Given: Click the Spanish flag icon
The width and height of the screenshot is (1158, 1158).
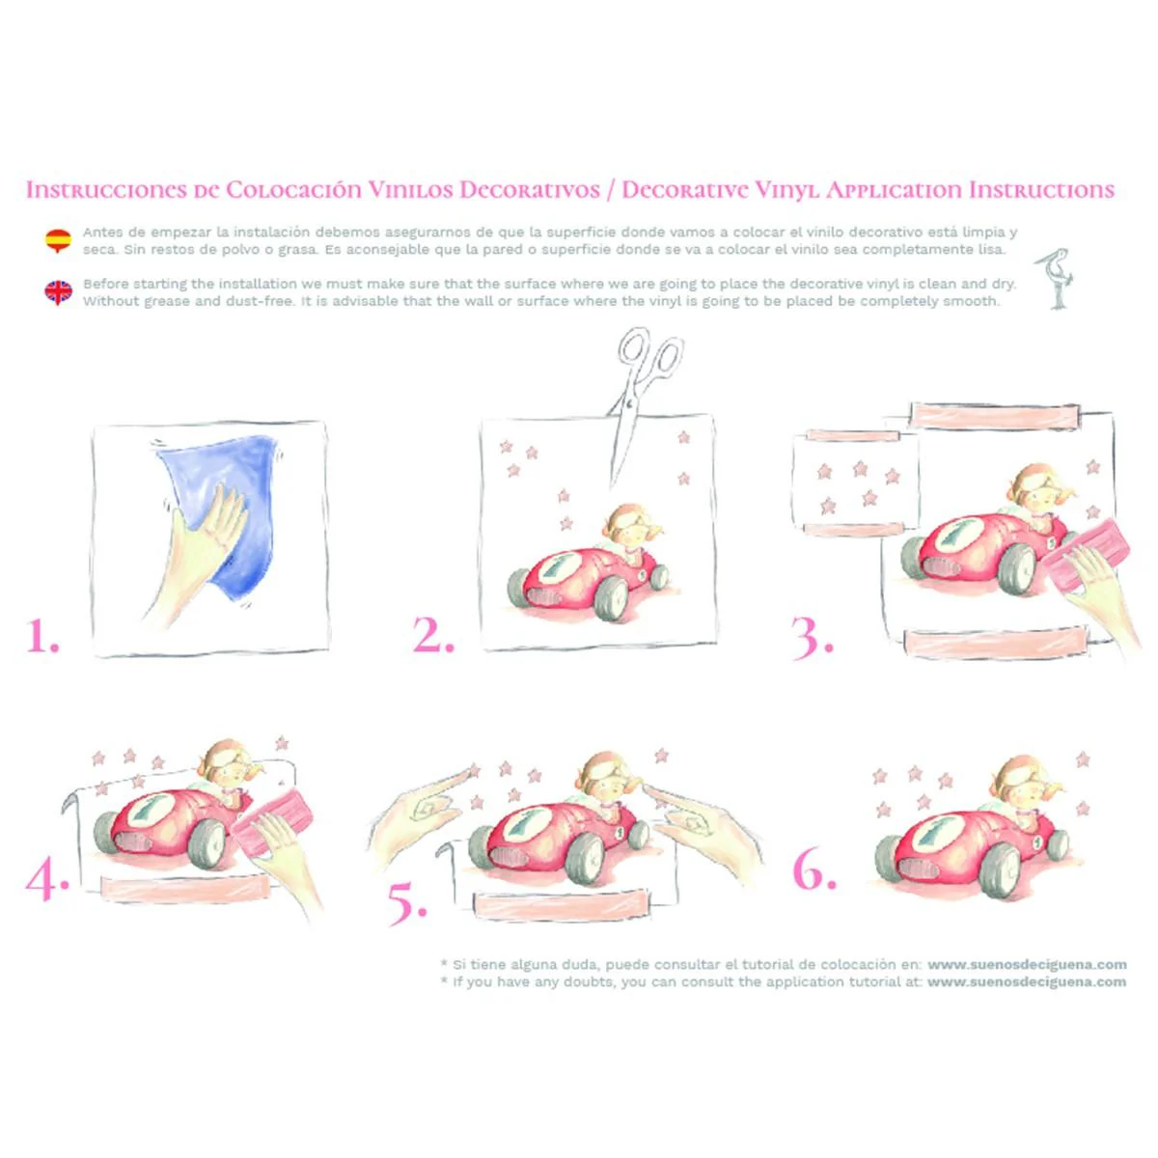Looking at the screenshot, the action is click(x=58, y=240).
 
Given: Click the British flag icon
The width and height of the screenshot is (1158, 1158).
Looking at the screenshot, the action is click(x=58, y=292).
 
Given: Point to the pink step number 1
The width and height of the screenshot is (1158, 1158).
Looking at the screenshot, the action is click(x=42, y=636).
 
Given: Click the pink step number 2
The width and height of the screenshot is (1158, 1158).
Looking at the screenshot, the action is click(x=433, y=636).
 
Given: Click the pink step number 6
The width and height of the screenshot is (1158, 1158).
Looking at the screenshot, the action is click(x=814, y=870).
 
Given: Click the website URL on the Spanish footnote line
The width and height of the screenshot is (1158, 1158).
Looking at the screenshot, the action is click(x=1027, y=964).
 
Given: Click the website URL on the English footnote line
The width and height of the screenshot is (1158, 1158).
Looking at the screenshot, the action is click(x=1027, y=982).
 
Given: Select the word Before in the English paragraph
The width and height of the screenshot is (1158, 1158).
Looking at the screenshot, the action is click(x=106, y=284).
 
